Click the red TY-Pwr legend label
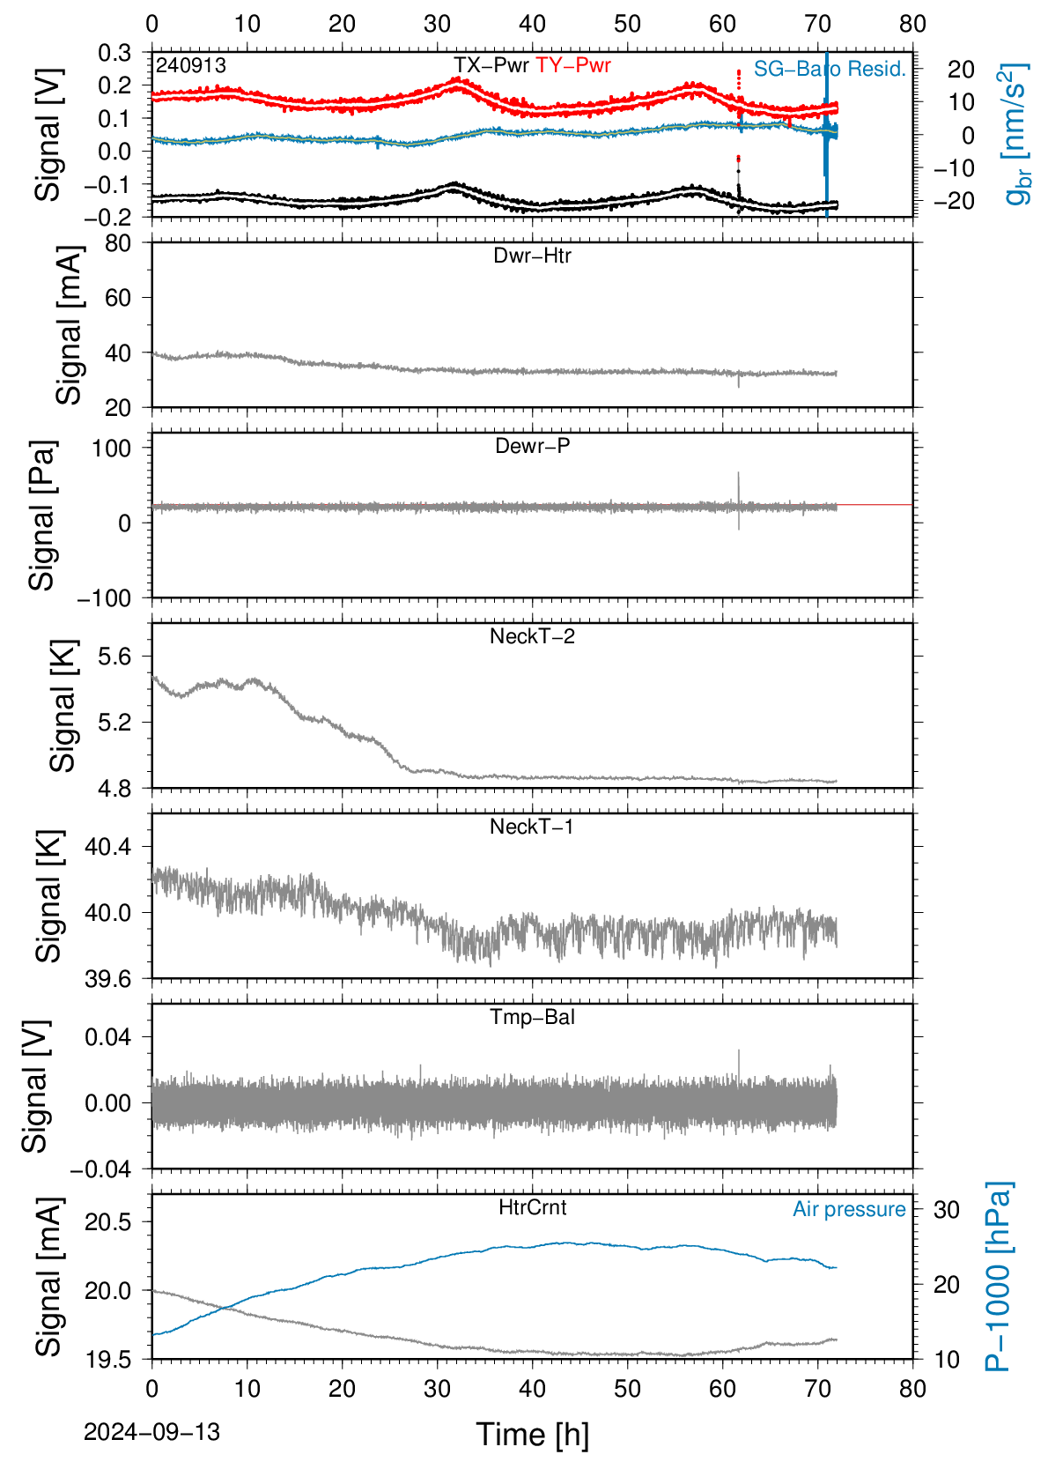point(572,65)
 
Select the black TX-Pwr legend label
point(491,65)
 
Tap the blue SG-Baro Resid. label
point(830,69)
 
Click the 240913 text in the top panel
point(191,65)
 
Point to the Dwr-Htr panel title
point(532,256)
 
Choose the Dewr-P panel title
point(532,446)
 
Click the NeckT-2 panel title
point(532,636)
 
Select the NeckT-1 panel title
point(532,826)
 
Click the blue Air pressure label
point(849,1209)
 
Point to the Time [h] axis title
point(532,1435)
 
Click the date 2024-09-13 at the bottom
point(151,1432)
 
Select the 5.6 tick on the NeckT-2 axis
point(114,657)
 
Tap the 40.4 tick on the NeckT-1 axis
point(108,847)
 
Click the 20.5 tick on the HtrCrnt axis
point(108,1221)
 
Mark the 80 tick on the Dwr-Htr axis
point(118,244)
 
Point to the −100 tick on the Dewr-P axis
point(105,598)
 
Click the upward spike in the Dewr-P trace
point(738,489)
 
